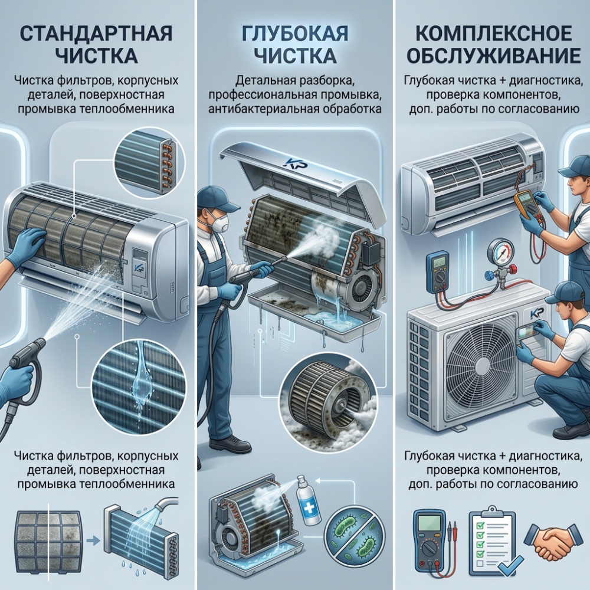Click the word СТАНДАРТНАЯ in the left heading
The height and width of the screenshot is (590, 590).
tap(96, 34)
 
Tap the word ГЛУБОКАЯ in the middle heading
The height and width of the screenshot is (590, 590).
tap(294, 34)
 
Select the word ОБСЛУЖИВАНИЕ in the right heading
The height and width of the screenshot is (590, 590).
tap(494, 55)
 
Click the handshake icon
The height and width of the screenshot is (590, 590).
tap(552, 540)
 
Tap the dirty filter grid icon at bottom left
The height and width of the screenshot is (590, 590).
tap(48, 540)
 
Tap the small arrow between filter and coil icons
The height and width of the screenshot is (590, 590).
tap(92, 542)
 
